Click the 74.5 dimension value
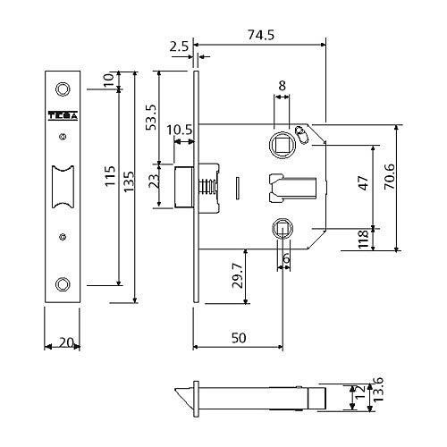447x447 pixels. (x=261, y=35)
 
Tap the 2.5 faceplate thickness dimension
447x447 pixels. (x=179, y=46)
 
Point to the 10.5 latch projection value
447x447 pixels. (x=179, y=130)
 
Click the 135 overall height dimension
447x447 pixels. (x=129, y=181)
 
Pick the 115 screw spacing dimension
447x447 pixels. (x=110, y=176)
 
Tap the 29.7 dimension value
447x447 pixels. (x=238, y=275)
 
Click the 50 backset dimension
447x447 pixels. (x=239, y=338)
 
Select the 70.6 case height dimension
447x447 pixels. (x=389, y=176)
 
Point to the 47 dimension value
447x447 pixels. (x=364, y=182)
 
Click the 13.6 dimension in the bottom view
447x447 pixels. (x=378, y=389)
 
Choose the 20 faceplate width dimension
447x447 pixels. (x=65, y=342)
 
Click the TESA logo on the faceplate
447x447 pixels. (x=63, y=116)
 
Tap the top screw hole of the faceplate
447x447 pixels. (x=63, y=89)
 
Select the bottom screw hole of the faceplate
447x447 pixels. (x=63, y=284)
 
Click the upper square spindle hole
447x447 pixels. (x=282, y=145)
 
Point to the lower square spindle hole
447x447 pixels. (x=282, y=228)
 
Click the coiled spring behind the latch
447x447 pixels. (x=207, y=187)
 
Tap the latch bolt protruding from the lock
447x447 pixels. (x=182, y=187)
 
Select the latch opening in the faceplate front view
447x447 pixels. (x=63, y=187)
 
